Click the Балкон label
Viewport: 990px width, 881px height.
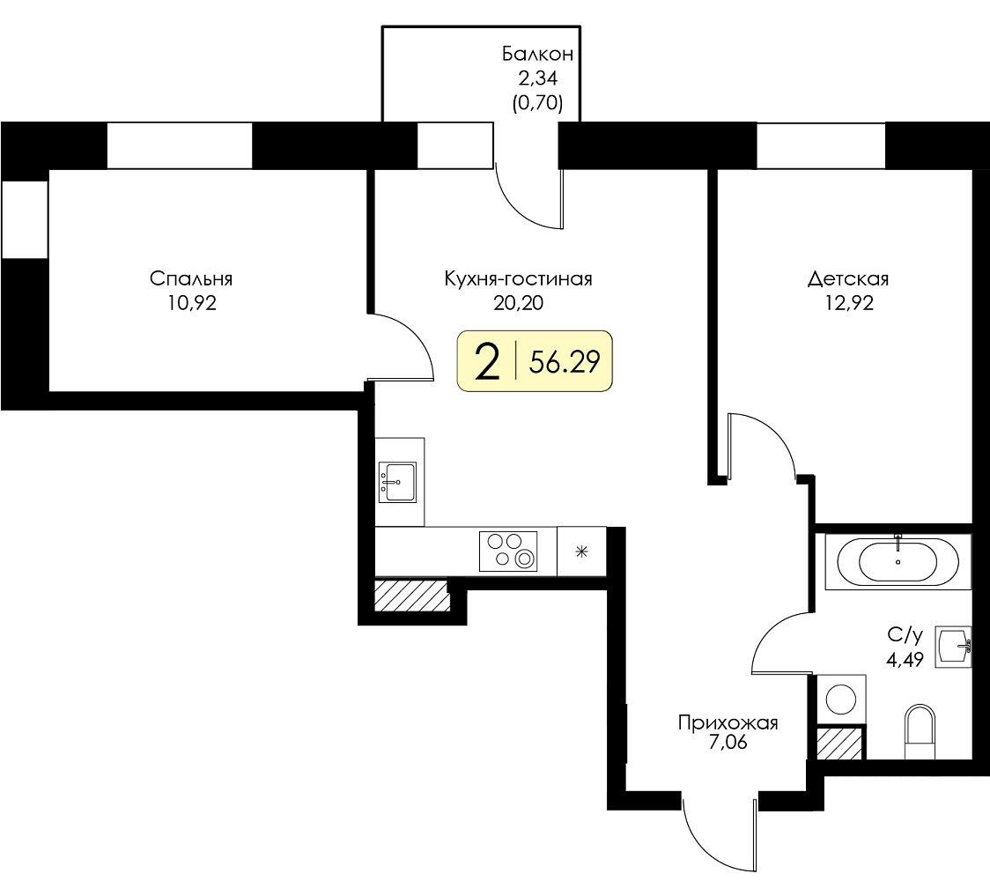pyautogui.click(x=537, y=55)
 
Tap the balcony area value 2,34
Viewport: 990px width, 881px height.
pyautogui.click(x=538, y=78)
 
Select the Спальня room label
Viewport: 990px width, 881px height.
pyautogui.click(x=191, y=278)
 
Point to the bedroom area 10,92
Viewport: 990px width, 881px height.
pyautogui.click(x=192, y=303)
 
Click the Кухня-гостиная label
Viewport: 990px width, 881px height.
pyautogui.click(x=519, y=278)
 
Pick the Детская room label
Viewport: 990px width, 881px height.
pyautogui.click(x=848, y=278)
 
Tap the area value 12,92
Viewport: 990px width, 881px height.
pyautogui.click(x=849, y=303)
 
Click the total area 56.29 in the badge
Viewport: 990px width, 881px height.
pyautogui.click(x=565, y=362)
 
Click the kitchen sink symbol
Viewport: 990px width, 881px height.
pyautogui.click(x=397, y=482)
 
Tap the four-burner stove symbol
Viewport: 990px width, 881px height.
pyautogui.click(x=508, y=552)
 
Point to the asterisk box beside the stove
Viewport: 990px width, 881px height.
pyautogui.click(x=581, y=552)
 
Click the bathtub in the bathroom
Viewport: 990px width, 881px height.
pyautogui.click(x=898, y=561)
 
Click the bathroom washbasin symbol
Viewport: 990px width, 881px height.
pyautogui.click(x=953, y=646)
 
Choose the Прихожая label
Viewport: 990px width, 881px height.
pyautogui.click(x=728, y=722)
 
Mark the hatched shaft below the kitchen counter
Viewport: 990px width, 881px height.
pyautogui.click(x=411, y=595)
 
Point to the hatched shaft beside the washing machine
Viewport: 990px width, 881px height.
pyautogui.click(x=839, y=744)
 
